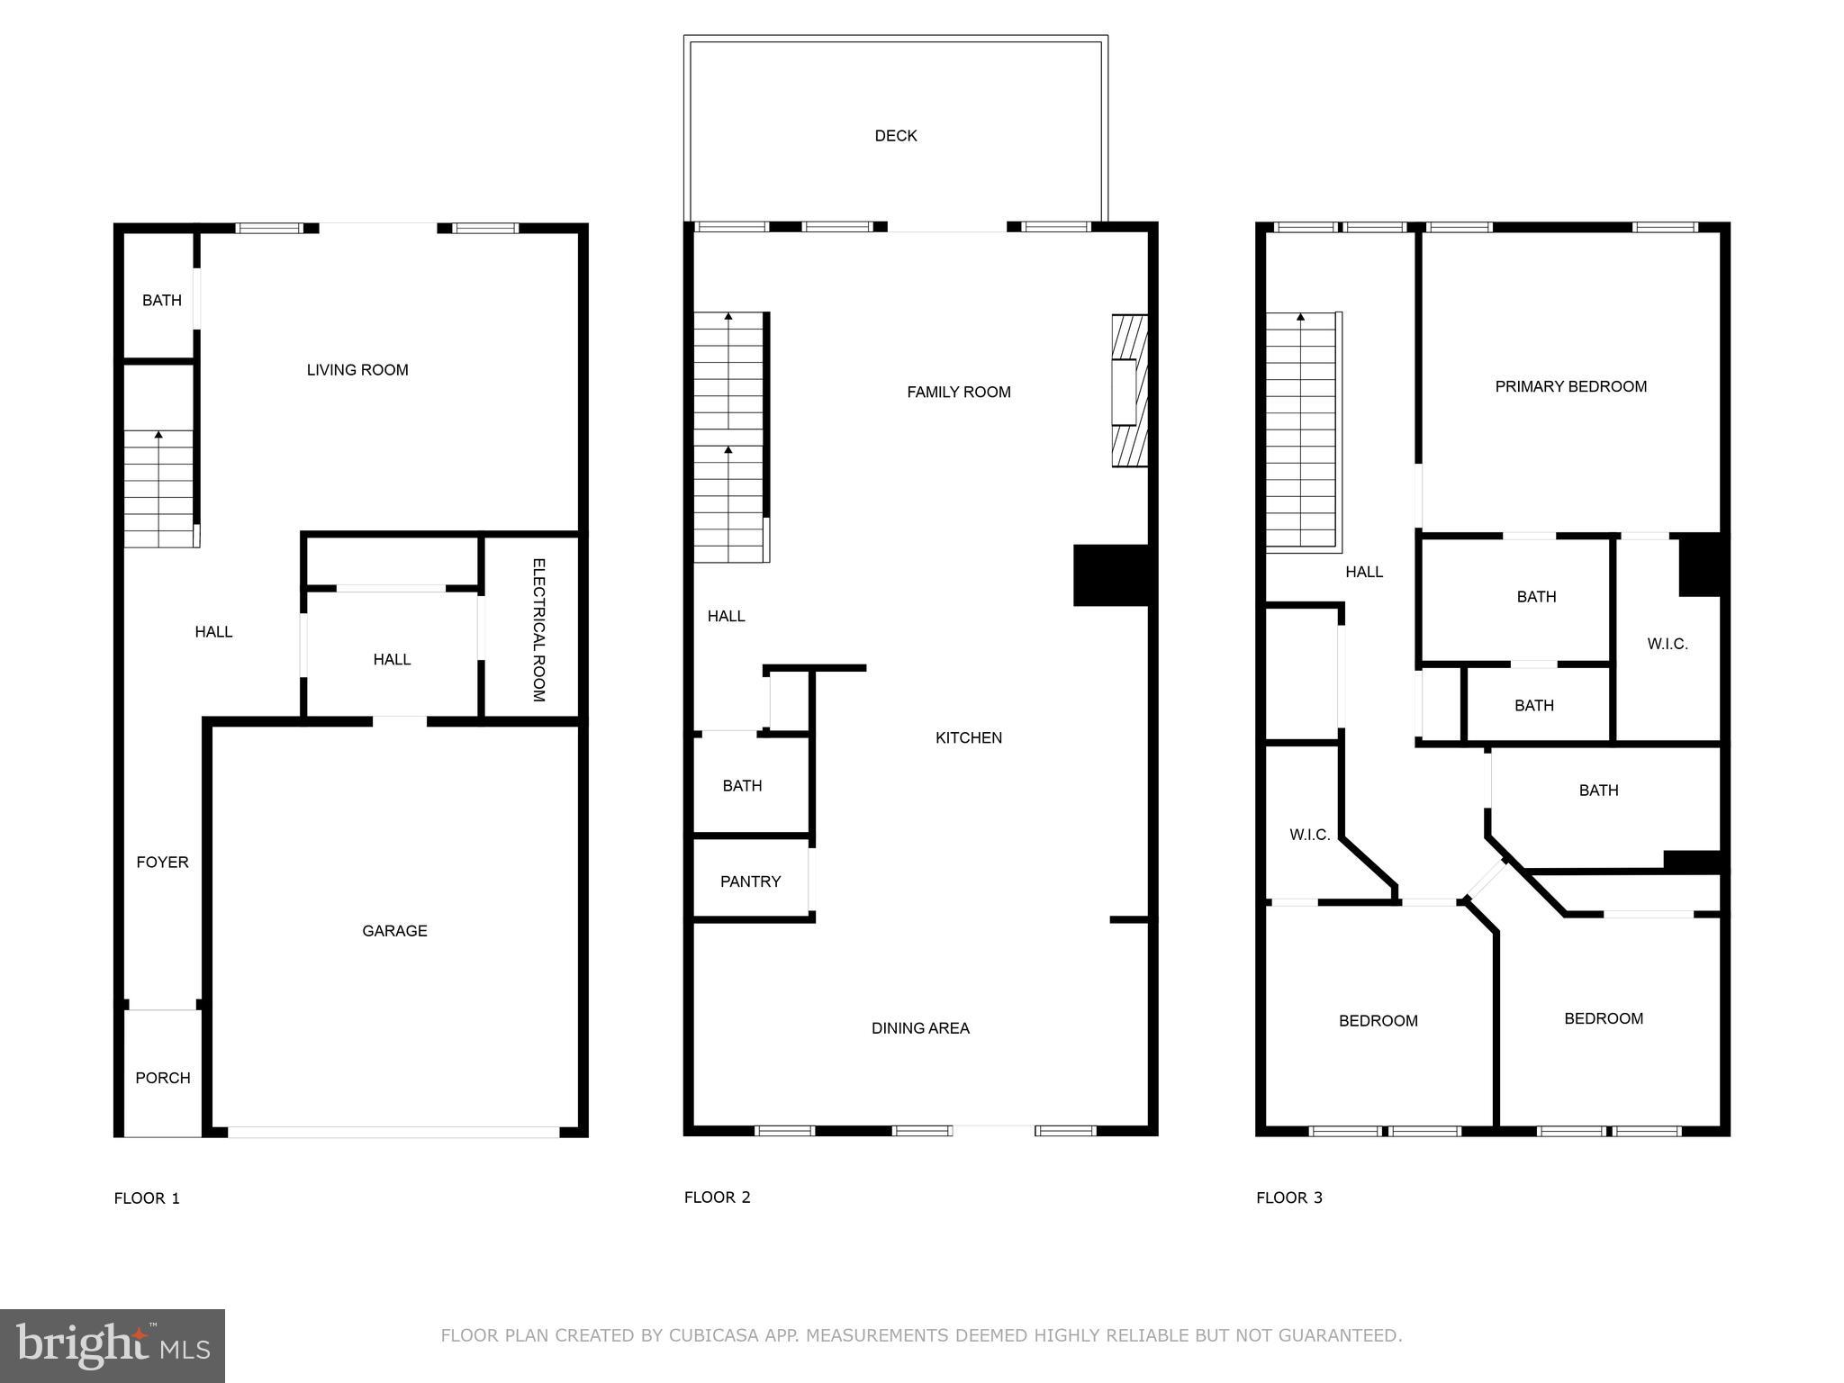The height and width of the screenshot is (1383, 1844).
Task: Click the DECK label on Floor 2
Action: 896,136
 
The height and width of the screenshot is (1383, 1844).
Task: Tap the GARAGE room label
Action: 394,931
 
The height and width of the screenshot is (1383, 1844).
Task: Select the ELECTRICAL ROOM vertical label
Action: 538,630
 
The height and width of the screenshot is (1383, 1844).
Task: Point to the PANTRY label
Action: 750,881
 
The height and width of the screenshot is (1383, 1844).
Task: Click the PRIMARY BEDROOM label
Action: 1570,386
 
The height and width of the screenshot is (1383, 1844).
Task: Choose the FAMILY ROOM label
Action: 958,392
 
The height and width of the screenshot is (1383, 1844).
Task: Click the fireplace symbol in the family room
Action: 1128,391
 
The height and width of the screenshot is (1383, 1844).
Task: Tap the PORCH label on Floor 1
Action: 163,1078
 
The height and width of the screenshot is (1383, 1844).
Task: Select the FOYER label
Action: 162,862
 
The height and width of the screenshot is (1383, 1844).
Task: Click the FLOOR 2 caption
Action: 717,1197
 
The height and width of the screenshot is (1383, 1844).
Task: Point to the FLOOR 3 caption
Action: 1288,1198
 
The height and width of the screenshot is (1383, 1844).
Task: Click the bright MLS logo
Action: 113,1346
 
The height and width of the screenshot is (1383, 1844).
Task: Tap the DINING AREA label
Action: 920,1028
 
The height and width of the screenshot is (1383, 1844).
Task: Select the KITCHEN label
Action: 968,737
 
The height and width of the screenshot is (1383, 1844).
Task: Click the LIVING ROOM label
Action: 357,370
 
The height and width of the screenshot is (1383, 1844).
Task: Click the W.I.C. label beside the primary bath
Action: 1667,644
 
